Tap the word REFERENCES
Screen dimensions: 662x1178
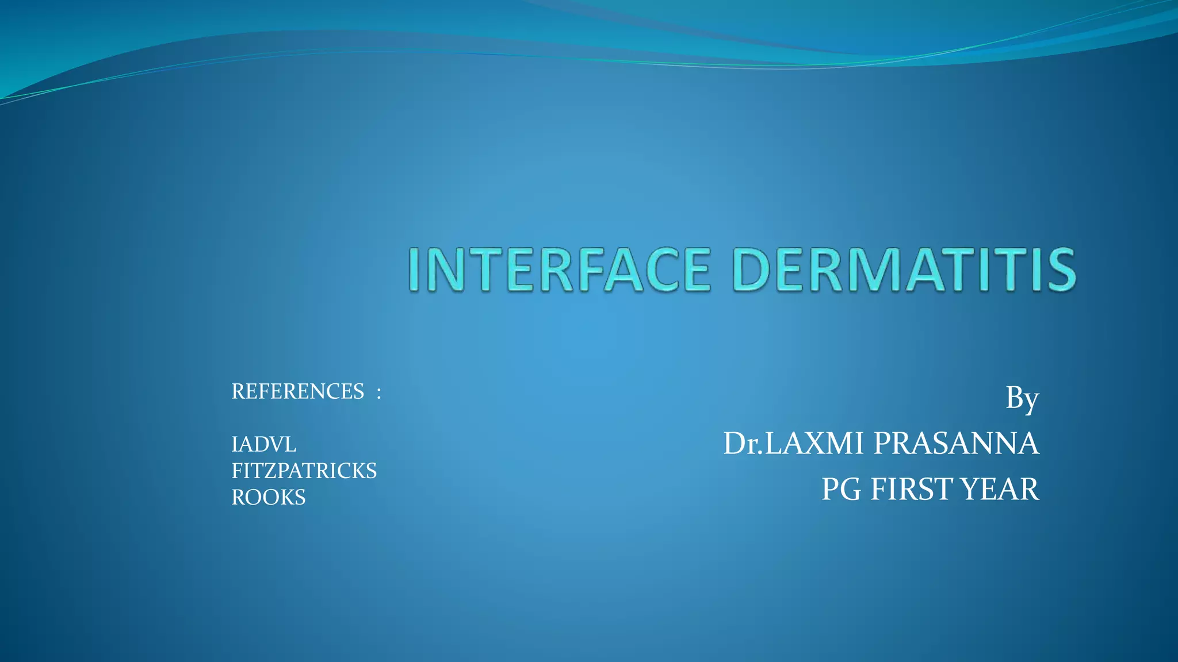[x=297, y=392]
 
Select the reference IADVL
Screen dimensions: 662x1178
[x=263, y=445]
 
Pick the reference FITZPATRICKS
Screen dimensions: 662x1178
[x=304, y=471]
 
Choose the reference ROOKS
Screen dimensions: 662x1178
[x=268, y=498]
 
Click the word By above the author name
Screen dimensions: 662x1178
[x=1022, y=398]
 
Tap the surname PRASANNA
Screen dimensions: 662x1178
[x=956, y=444]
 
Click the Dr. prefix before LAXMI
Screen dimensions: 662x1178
[x=743, y=444]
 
